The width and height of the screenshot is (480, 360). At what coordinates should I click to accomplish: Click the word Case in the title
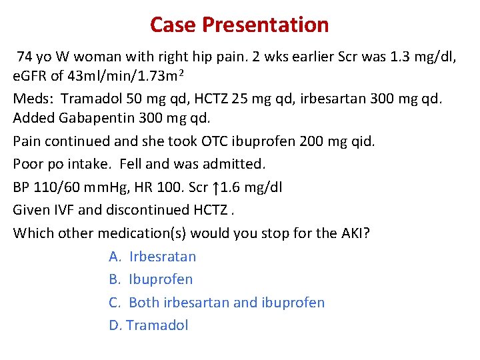[x=173, y=25]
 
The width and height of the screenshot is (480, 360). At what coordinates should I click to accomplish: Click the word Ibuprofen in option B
[x=161, y=279]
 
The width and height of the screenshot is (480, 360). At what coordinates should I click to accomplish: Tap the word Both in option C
[x=144, y=302]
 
